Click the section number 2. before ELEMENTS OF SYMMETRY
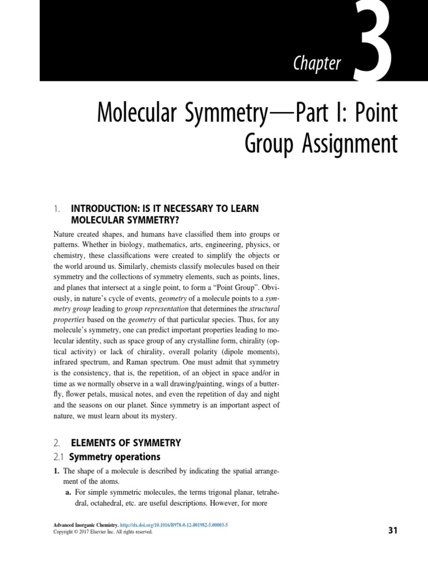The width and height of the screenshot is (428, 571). [x=57, y=443]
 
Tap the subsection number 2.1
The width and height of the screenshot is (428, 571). [x=59, y=457]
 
